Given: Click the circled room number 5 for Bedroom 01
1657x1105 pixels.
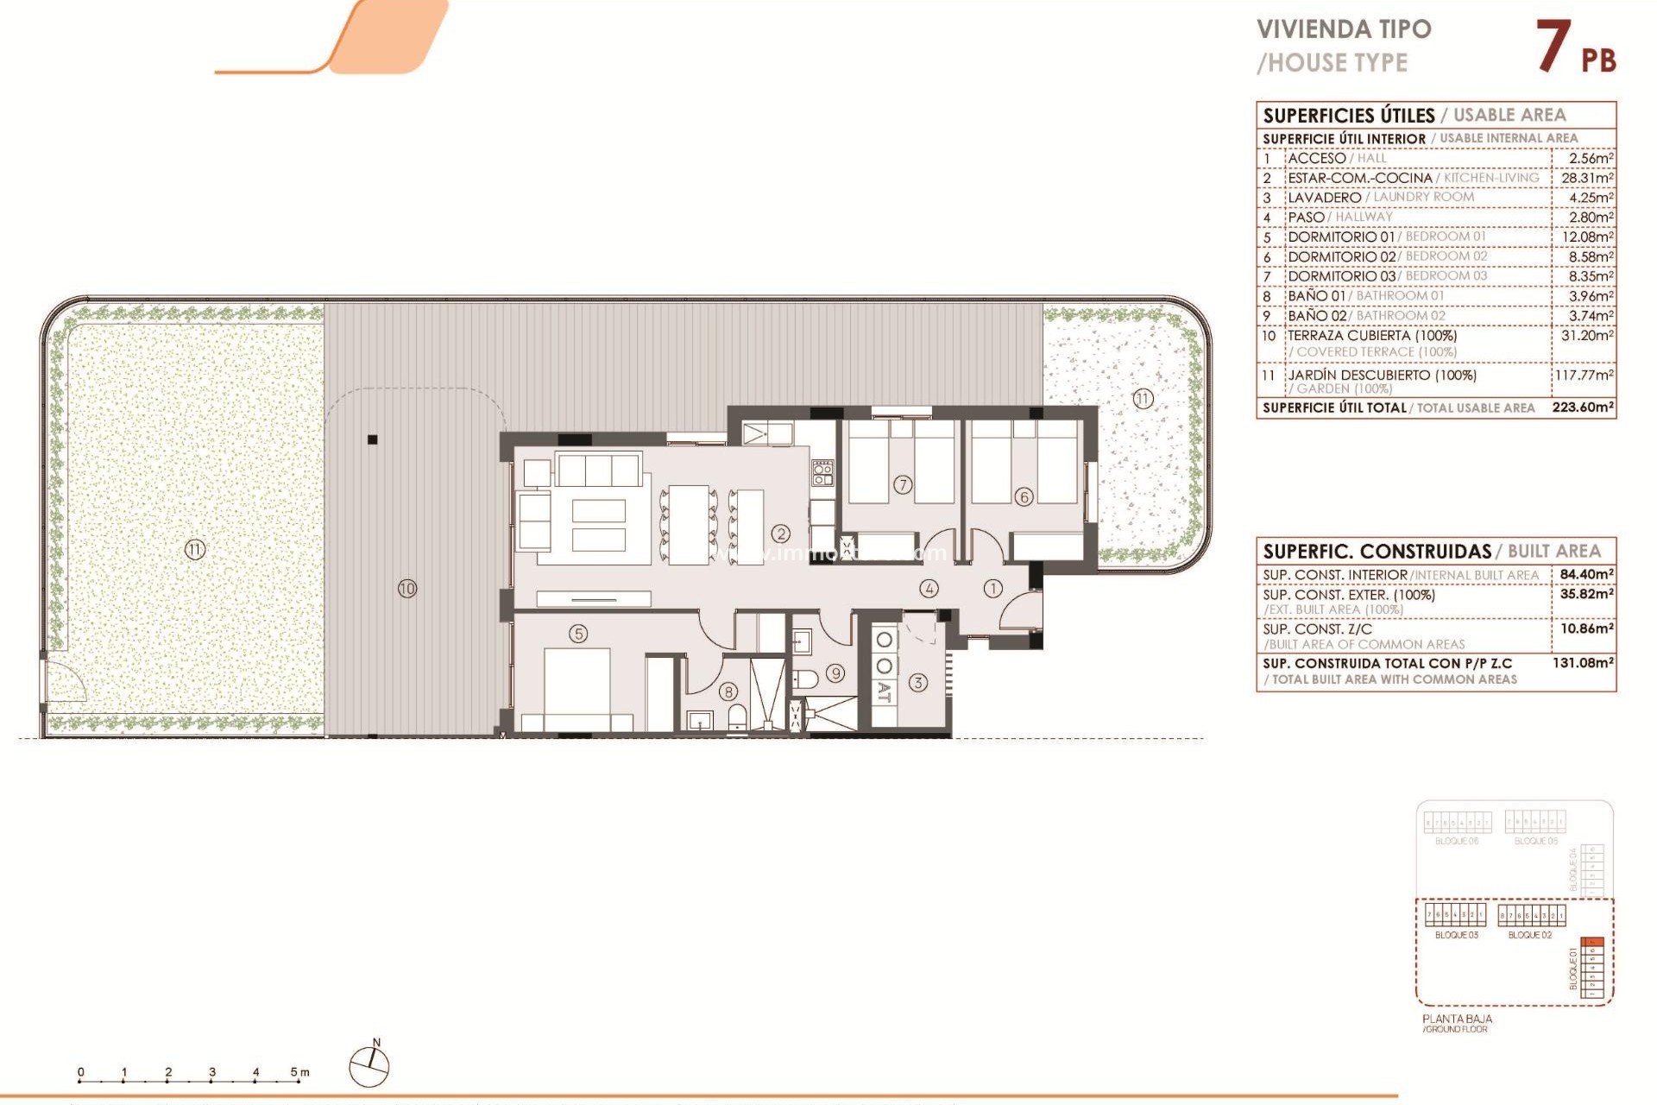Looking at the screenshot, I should (x=578, y=634).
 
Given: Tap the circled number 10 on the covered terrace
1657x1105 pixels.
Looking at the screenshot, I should (x=407, y=589).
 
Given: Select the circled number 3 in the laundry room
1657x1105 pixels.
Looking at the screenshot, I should (x=918, y=683).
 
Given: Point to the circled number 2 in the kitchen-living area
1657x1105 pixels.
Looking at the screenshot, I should (x=781, y=534).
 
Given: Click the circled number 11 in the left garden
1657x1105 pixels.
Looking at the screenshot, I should (x=195, y=549).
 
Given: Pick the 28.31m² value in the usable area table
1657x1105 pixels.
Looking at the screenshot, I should (x=1587, y=178).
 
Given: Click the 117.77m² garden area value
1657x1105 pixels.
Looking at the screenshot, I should (x=1584, y=376).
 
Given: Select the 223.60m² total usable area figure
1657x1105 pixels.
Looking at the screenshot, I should (x=1583, y=407).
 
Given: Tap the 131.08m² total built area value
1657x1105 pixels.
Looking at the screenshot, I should (x=1583, y=663).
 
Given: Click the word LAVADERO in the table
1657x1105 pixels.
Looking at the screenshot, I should (x=1324, y=198).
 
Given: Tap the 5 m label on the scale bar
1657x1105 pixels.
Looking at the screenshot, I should (x=299, y=1072).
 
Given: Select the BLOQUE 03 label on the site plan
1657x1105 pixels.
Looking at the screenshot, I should (x=1456, y=935).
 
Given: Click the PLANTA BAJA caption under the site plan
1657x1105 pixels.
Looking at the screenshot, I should (x=1457, y=1019).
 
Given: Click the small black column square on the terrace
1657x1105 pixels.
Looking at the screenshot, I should (x=373, y=439).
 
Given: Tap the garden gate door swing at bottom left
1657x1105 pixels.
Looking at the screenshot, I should (x=66, y=682).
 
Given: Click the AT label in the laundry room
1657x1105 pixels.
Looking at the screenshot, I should (x=884, y=691).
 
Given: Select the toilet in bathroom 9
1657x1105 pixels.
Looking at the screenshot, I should (x=804, y=679).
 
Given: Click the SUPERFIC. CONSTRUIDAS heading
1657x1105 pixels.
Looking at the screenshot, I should (x=1377, y=552).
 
